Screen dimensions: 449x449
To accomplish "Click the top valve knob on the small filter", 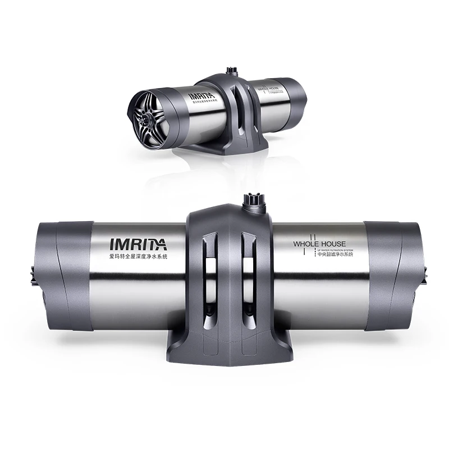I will [230, 72].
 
